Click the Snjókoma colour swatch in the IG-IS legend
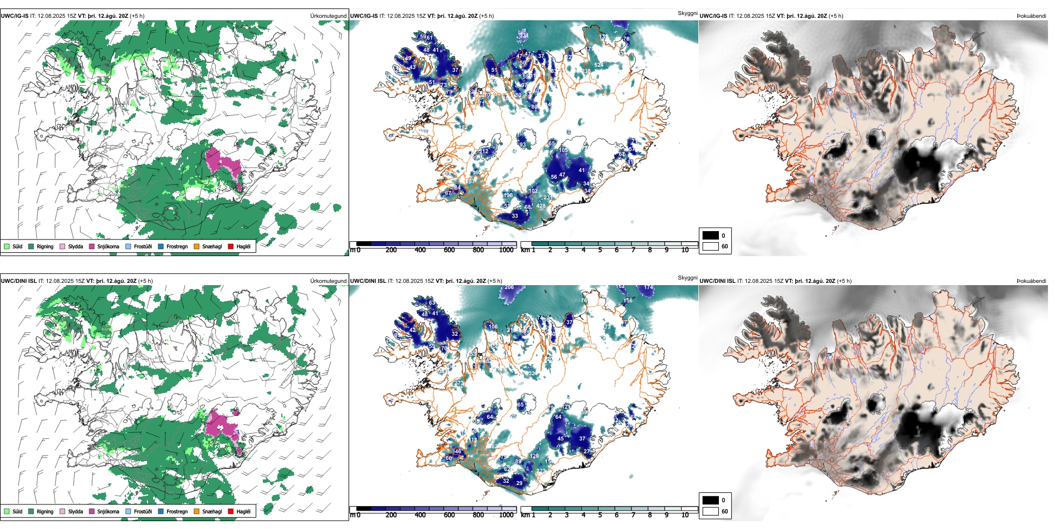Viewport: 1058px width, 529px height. click(x=92, y=246)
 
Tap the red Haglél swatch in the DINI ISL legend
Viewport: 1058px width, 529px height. click(x=231, y=511)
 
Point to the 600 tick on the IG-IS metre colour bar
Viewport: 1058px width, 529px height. click(x=449, y=250)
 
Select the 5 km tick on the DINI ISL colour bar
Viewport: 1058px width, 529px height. click(x=600, y=515)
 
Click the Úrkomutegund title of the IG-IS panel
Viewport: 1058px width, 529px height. click(x=328, y=16)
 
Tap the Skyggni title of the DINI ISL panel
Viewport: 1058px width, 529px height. click(x=687, y=277)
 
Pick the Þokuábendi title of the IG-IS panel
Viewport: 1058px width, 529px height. click(x=1031, y=16)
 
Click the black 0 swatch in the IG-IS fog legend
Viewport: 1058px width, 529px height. click(x=711, y=236)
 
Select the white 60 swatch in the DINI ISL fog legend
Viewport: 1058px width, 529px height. click(x=711, y=511)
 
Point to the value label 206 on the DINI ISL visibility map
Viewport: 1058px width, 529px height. click(x=509, y=287)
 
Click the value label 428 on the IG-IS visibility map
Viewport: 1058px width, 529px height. click(x=541, y=206)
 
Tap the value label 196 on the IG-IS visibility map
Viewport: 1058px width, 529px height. click(x=508, y=195)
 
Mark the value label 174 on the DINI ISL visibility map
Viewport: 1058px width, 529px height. click(x=648, y=287)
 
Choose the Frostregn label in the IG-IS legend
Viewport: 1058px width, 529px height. click(x=177, y=247)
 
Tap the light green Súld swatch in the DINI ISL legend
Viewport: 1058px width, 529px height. click(x=7, y=511)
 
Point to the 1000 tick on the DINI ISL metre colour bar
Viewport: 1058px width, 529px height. click(x=506, y=515)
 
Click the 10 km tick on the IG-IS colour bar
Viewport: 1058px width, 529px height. click(x=685, y=250)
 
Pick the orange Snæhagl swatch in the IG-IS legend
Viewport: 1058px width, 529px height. click(x=197, y=246)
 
